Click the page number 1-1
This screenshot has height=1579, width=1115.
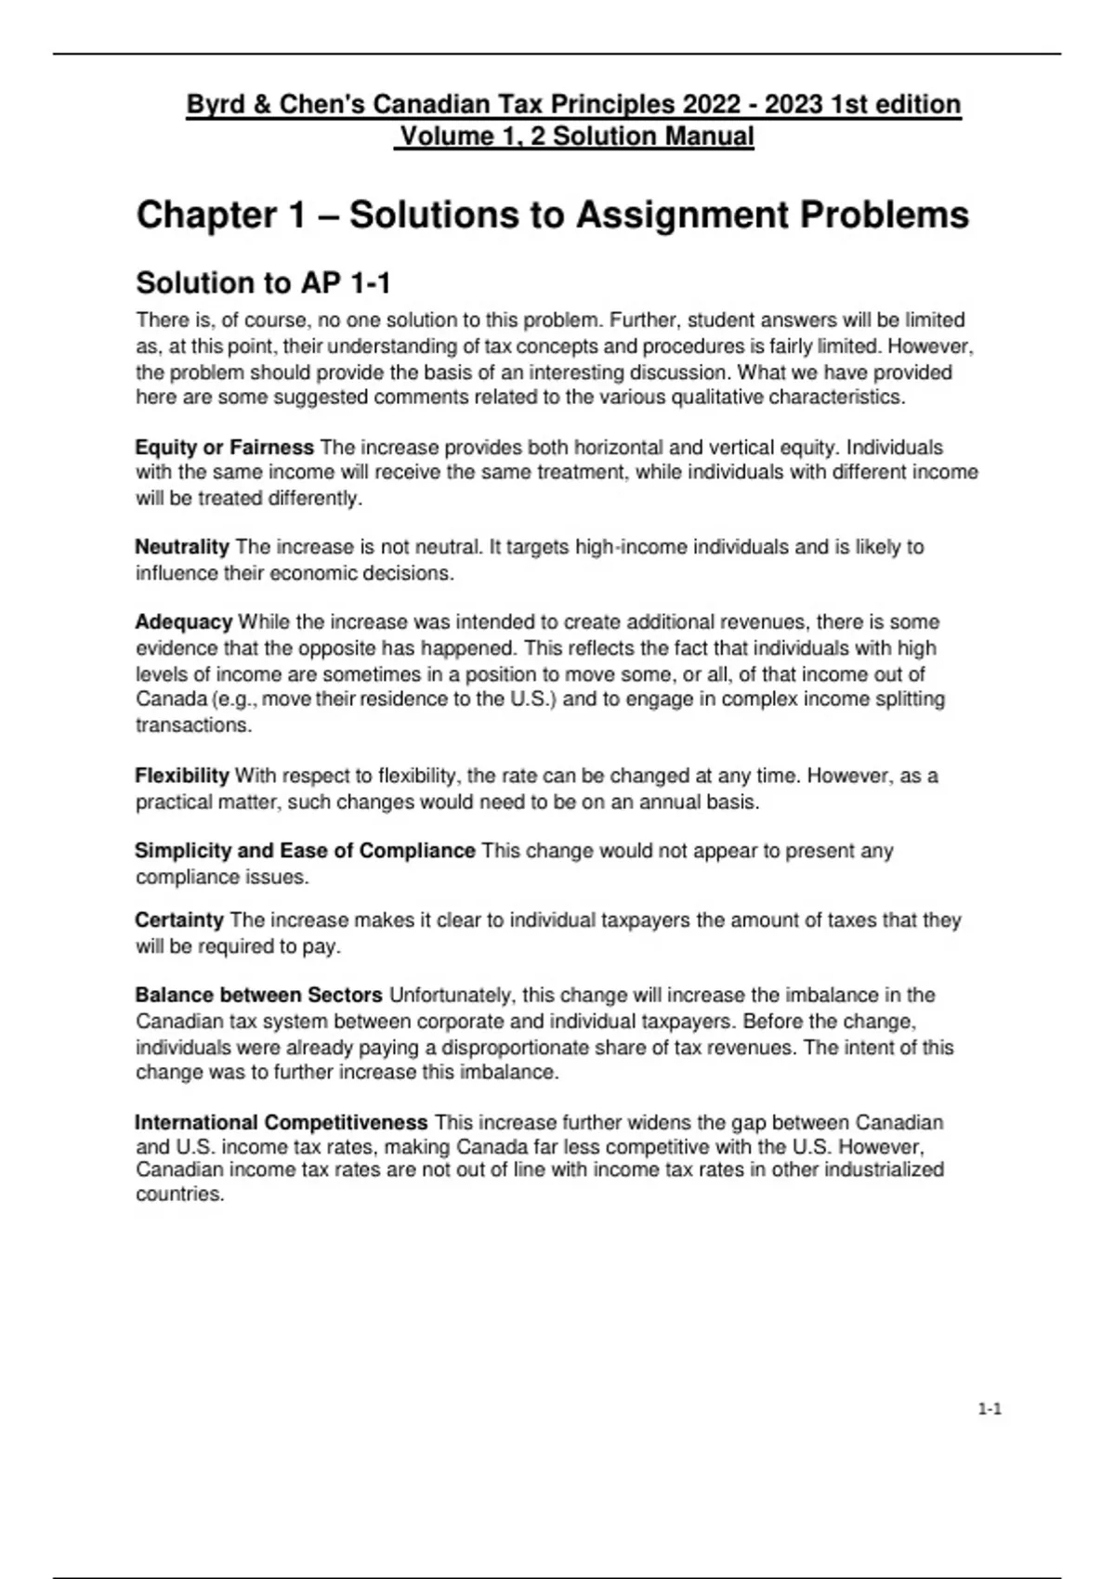pos(989,1409)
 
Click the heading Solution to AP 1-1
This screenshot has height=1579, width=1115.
pos(263,282)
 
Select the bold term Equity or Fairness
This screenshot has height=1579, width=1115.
pos(224,447)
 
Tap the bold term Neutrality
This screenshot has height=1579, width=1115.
pos(182,546)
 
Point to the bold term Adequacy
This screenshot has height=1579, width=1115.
pos(183,621)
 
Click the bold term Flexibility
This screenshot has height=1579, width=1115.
pos(182,775)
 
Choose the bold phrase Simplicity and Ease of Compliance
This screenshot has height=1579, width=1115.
pos(305,850)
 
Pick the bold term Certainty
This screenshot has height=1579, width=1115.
pos(179,920)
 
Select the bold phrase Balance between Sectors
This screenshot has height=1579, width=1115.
pos(258,995)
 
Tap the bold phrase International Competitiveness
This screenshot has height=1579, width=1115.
pos(281,1122)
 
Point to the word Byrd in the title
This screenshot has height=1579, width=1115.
pos(212,104)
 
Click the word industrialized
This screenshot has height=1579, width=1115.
pos(879,1169)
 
